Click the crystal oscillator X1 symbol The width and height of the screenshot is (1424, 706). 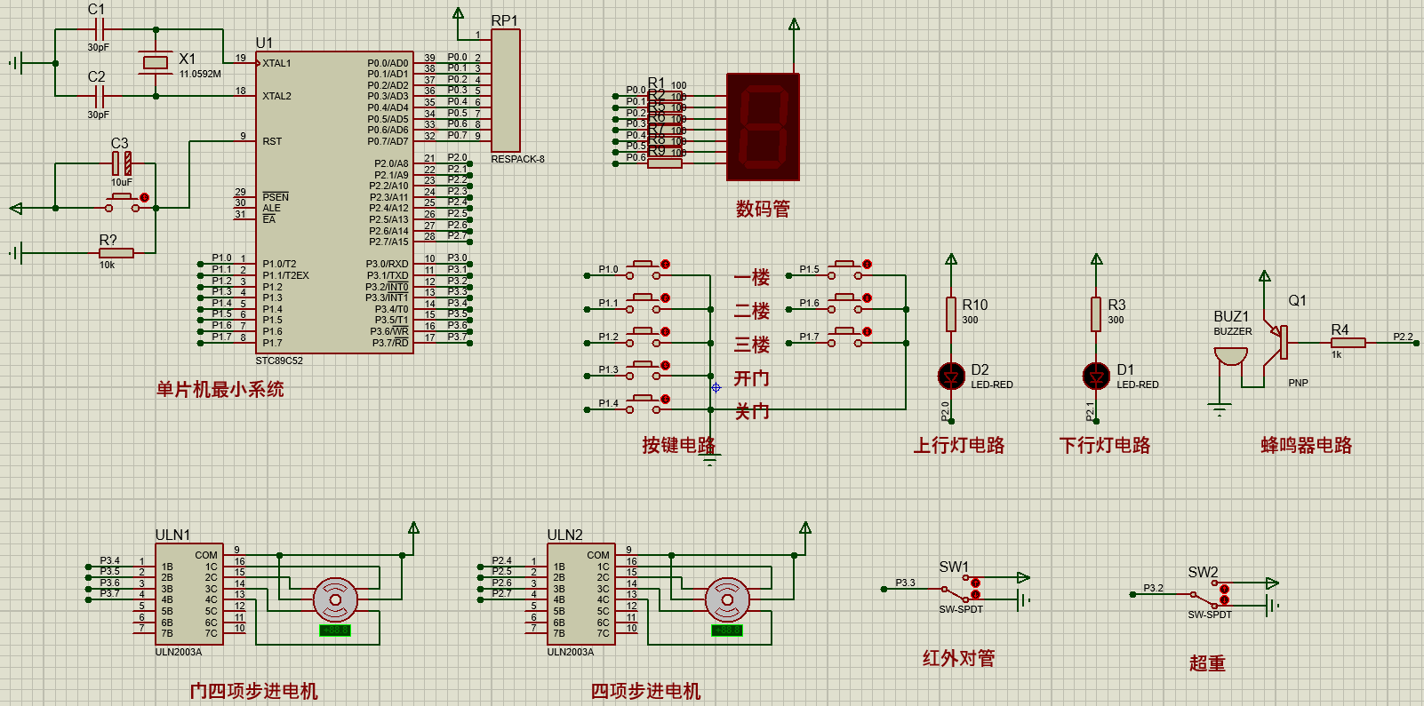(x=156, y=62)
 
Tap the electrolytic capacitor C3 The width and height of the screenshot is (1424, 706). (x=122, y=163)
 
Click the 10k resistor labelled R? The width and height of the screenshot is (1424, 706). (x=116, y=253)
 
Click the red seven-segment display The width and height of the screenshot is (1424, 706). (x=763, y=127)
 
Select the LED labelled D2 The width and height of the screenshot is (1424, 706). (x=951, y=377)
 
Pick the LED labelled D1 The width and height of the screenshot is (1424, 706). (x=1096, y=377)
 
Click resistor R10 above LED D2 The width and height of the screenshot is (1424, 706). (x=951, y=313)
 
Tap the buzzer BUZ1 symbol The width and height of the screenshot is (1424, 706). (x=1230, y=356)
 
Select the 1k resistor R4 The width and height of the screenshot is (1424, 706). (x=1348, y=343)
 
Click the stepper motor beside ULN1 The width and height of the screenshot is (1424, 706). (x=335, y=599)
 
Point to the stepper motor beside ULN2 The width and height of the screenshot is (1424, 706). (x=727, y=599)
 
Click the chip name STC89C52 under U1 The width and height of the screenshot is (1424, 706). (x=279, y=361)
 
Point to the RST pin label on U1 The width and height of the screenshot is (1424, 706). (x=272, y=141)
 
